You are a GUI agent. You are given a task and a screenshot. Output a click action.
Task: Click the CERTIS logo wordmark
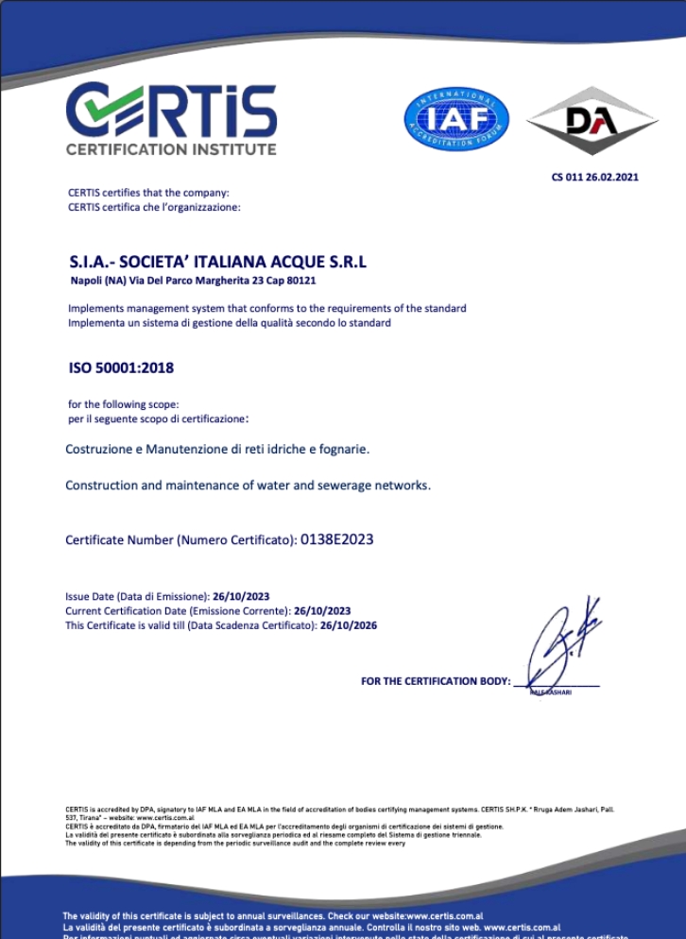(171, 111)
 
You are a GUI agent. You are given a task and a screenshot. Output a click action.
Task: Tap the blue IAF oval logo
(456, 120)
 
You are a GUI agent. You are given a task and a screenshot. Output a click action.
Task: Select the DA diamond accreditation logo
(592, 120)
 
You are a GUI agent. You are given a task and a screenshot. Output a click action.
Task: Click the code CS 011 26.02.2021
(594, 177)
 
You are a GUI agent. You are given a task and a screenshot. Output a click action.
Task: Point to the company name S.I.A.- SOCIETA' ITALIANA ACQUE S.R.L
(217, 262)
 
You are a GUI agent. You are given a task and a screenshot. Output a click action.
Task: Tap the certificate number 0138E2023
(336, 539)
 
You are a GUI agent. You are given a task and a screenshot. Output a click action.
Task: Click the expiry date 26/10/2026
(349, 625)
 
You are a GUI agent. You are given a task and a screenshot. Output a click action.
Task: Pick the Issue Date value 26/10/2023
(241, 596)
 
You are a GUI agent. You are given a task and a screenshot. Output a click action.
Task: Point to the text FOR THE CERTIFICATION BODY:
(435, 681)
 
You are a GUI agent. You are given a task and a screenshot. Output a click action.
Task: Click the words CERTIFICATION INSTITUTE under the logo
(171, 149)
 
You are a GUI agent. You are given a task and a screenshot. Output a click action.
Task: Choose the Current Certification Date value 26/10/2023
(322, 611)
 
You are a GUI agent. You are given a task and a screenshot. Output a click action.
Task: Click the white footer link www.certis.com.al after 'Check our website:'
(445, 916)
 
